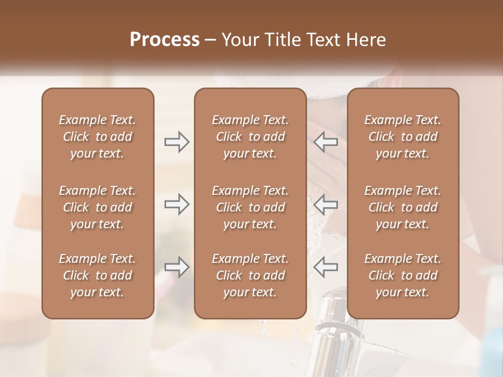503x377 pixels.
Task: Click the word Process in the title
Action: [x=165, y=40]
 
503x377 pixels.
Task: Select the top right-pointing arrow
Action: [x=177, y=142]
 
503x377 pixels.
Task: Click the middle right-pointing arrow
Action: [x=177, y=204]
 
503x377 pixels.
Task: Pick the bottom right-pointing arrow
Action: [x=177, y=267]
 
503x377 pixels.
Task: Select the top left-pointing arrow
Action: [x=326, y=142]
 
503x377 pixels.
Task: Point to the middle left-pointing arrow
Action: [x=326, y=204]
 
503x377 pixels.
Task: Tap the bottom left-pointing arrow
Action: [x=326, y=267]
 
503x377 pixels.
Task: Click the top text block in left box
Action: [x=97, y=137]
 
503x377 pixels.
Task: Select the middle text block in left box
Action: [x=97, y=207]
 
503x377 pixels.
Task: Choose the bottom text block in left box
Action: [x=97, y=275]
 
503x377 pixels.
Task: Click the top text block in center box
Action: [x=250, y=137]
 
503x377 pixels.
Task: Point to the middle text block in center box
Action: [x=250, y=207]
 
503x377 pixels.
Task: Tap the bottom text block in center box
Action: [x=250, y=275]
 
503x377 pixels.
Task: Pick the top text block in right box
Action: [x=402, y=137]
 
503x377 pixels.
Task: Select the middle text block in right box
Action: [x=402, y=207]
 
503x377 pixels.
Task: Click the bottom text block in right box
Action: [x=402, y=275]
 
